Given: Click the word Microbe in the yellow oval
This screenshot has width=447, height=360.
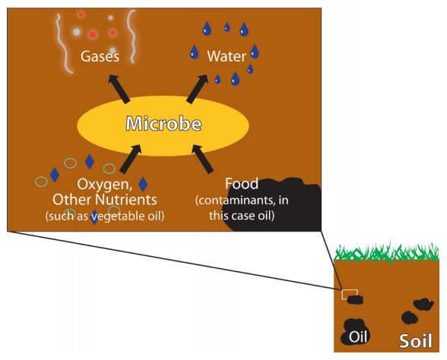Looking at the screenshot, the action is [163, 124].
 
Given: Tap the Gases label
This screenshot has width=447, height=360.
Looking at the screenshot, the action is [100, 56].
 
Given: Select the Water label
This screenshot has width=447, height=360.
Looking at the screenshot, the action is [227, 56].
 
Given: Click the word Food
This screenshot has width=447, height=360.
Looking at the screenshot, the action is [242, 184].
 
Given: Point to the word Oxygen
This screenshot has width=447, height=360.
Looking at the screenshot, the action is [104, 185].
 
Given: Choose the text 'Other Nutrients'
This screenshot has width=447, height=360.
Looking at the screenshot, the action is [105, 200].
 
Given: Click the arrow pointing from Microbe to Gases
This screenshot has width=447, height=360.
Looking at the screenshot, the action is [119, 89].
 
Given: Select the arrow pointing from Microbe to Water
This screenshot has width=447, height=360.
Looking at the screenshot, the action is [197, 89].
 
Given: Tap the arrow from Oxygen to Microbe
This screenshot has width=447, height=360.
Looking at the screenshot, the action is [131, 159].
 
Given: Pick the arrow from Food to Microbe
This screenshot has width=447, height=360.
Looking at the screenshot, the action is [203, 159].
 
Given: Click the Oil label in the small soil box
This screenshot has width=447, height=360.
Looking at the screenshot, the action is [358, 337].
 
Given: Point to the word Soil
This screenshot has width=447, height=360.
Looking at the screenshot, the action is [415, 340].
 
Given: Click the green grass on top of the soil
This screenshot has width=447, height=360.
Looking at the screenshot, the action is [386, 252].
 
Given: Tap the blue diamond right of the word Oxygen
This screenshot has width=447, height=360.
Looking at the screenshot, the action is [143, 184].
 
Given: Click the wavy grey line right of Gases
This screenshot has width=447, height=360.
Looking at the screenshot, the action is [131, 36].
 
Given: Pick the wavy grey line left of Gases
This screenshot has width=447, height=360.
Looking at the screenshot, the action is [63, 43].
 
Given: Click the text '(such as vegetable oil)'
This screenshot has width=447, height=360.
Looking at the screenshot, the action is [105, 216].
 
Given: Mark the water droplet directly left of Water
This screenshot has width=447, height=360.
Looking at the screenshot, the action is [194, 52].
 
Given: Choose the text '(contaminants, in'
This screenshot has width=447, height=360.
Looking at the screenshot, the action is [242, 201].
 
